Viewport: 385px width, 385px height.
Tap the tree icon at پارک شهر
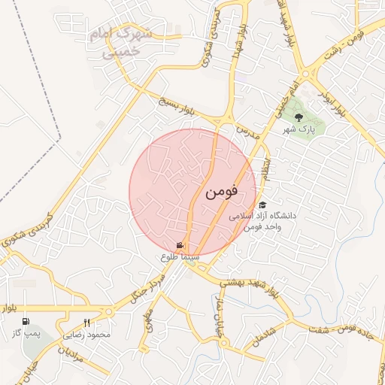[x=299, y=117]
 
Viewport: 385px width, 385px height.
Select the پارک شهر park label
[x=298, y=129]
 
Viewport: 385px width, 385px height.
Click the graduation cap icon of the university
[x=262, y=205]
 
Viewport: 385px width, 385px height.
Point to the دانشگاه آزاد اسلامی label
[x=268, y=216]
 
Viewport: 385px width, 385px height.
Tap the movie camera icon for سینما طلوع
[x=180, y=245]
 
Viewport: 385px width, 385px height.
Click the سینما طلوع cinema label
[x=179, y=256]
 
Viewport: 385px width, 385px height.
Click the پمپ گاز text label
[x=29, y=332]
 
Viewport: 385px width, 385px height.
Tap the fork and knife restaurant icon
[x=87, y=323]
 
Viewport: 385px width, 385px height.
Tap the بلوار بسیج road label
[x=174, y=105]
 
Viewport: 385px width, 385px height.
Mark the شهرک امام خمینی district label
[x=123, y=43]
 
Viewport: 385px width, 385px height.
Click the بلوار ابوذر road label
[x=331, y=105]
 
